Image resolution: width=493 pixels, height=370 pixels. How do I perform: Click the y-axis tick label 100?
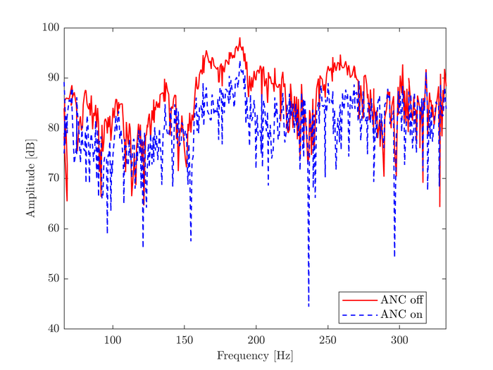(x=51, y=28)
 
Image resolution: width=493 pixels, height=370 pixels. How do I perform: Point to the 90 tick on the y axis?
(x=54, y=78)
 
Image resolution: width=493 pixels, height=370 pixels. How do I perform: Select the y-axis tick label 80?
(x=54, y=128)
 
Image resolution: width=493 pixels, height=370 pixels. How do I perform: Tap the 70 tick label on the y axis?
(x=54, y=178)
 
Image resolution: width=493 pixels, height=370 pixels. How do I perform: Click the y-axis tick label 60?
(x=54, y=228)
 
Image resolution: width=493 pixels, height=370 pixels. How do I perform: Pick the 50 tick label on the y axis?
(x=54, y=278)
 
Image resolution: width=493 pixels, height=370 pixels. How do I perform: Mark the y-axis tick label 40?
(x=54, y=329)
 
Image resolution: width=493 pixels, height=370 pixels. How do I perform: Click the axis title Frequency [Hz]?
(x=254, y=356)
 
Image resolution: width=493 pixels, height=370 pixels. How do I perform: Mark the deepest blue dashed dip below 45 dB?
(x=308, y=306)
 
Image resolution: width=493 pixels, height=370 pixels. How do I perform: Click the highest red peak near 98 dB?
(x=239, y=38)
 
